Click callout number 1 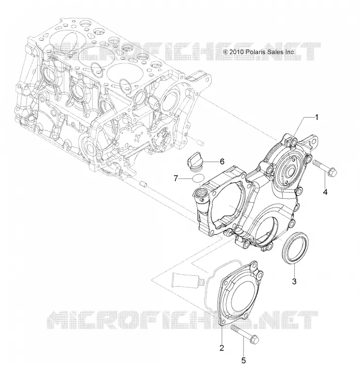point(317,117)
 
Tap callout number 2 point(222,348)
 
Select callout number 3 point(294,281)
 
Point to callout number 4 point(325,192)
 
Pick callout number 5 point(244,360)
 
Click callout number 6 point(222,162)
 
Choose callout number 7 point(176,178)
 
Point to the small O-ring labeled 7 point(198,179)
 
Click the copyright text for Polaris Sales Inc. point(259,52)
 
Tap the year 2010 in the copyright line point(237,52)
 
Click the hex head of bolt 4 point(332,172)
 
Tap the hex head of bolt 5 point(255,340)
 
